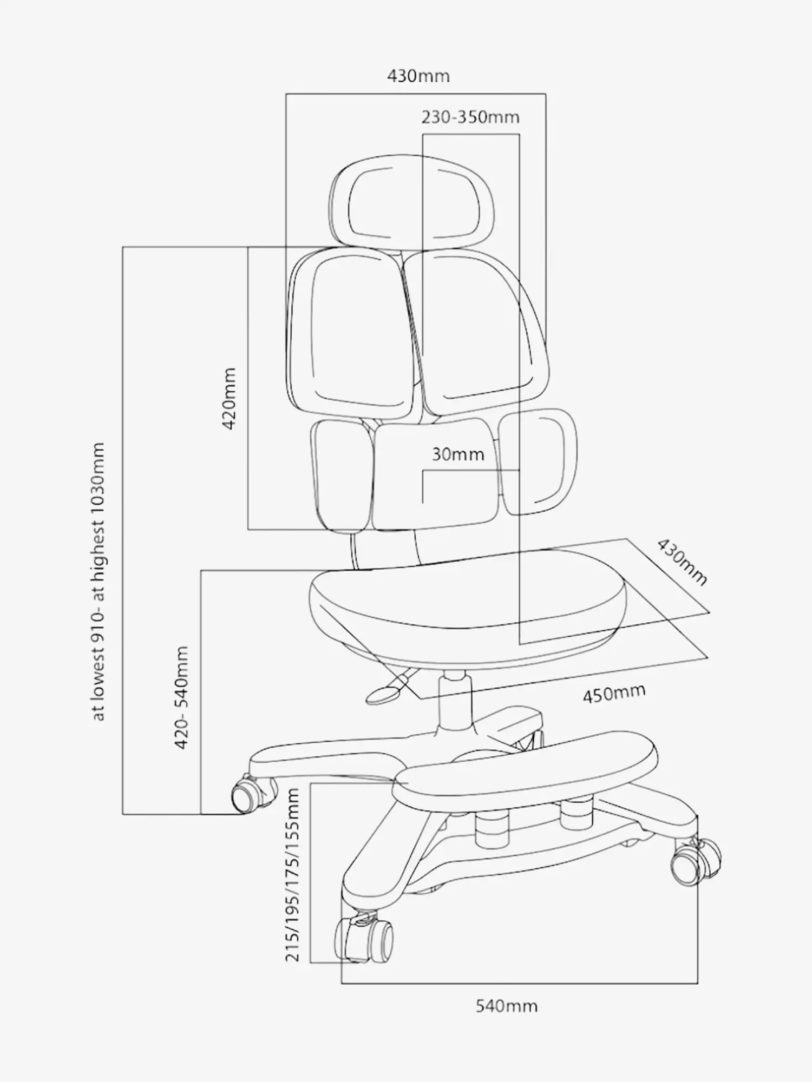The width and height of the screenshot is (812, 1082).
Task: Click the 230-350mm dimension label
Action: tap(470, 117)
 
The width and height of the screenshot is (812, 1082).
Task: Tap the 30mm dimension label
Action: tap(458, 454)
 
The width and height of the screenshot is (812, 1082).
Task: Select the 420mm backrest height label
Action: tap(229, 398)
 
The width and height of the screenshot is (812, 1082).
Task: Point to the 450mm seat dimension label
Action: tap(614, 693)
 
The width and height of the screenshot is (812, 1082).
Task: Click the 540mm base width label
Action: tap(507, 1006)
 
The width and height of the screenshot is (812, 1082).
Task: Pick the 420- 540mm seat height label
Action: tap(181, 697)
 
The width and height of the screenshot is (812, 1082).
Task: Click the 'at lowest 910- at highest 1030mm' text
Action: tap(98, 582)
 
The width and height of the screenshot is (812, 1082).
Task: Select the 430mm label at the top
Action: tap(418, 76)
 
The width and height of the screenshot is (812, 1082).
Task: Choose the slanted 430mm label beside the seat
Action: tap(682, 562)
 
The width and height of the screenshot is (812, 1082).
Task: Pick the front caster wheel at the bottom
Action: tap(363, 941)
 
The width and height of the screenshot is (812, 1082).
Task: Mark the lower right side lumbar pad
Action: tap(537, 461)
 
